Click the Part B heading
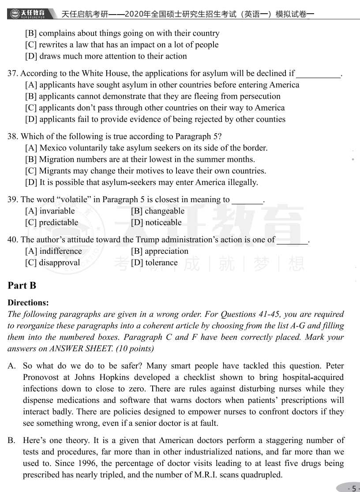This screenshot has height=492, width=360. coord(22,285)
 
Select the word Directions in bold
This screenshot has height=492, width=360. coord(28,303)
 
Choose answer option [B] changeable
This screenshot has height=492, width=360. coord(157,211)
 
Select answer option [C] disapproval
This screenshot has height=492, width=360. coord(52,263)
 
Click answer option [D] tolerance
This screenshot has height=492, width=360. coord(154,263)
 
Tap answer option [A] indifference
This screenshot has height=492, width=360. coord(53,251)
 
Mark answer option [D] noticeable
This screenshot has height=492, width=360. coord(156,222)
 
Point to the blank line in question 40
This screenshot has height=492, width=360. coord(292,242)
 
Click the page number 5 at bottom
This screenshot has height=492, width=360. coord(353,488)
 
